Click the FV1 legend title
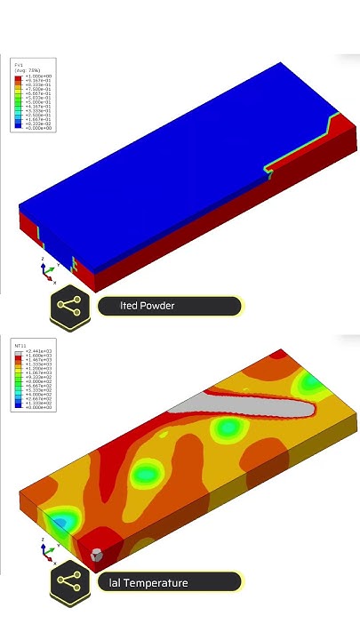point(19,65)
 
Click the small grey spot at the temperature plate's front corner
point(96,555)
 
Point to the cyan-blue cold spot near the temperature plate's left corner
point(60,521)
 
